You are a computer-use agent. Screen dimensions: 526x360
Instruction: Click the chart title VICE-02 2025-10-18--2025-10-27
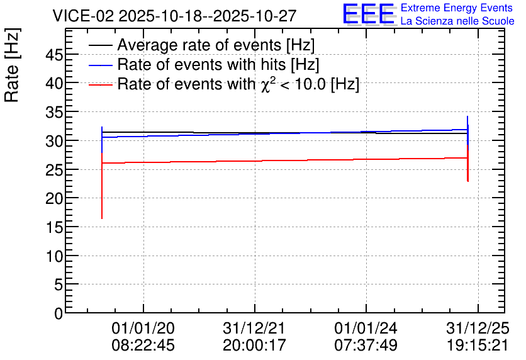[x=174, y=16]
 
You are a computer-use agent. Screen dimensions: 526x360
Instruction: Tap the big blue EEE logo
[x=368, y=14]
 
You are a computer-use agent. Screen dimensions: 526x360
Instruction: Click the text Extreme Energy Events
[x=457, y=8]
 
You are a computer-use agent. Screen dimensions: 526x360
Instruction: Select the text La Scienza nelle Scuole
[x=457, y=21]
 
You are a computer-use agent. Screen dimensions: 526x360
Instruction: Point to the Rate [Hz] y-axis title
[x=12, y=65]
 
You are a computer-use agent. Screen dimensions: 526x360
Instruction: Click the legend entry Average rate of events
[x=216, y=45]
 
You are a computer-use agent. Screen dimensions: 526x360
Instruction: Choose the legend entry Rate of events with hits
[x=218, y=64]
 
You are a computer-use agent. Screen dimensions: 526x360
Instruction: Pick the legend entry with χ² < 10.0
[x=238, y=84]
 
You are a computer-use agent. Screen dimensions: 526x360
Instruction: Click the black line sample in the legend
[x=100, y=45]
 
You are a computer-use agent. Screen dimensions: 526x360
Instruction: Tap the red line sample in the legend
[x=100, y=85]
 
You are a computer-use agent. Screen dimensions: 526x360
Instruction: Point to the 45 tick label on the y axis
[x=54, y=55]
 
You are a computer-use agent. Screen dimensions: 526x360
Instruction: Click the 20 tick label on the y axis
[x=54, y=199]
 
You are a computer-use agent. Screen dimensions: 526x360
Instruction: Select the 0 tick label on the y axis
[x=59, y=313]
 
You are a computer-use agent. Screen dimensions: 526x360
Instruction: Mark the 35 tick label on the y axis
[x=54, y=113]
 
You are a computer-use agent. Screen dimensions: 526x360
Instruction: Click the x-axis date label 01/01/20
[x=143, y=328]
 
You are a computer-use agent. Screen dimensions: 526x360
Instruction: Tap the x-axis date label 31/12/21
[x=254, y=328]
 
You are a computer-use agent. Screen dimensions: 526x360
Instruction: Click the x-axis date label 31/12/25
[x=478, y=328]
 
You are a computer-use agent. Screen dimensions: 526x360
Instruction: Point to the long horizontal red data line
[x=285, y=160]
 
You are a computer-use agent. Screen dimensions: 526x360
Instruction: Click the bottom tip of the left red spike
[x=102, y=219]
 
